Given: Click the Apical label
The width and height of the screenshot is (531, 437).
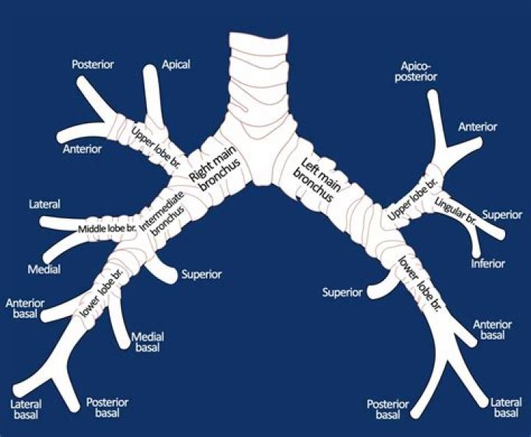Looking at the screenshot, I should click(x=176, y=64).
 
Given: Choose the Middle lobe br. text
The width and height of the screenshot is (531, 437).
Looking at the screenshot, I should click(x=108, y=228).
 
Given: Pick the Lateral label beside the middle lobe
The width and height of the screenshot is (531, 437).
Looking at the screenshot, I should click(x=44, y=204).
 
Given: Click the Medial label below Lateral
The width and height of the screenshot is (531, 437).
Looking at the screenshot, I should click(x=44, y=269).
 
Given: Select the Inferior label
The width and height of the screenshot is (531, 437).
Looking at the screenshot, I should click(x=487, y=264).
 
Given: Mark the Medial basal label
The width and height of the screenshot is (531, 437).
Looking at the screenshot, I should click(x=147, y=341).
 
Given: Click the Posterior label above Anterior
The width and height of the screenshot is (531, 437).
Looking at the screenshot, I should click(x=92, y=64).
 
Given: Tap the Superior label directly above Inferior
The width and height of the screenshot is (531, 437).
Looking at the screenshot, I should click(x=502, y=215).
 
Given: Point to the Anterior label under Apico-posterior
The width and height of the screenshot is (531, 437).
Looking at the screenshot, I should click(x=477, y=127).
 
